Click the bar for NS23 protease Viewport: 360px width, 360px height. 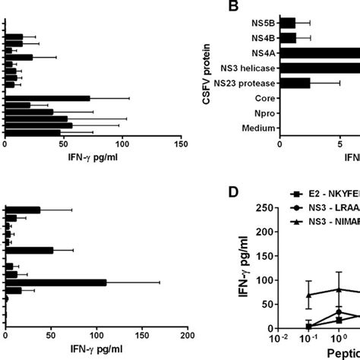click(x=295, y=83)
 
